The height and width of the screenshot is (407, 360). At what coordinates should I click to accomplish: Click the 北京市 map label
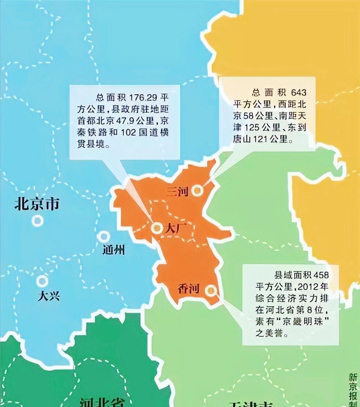click(37, 204)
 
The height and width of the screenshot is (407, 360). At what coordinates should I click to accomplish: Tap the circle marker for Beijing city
click(37, 220)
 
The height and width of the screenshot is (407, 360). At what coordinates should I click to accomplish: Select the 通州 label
click(113, 250)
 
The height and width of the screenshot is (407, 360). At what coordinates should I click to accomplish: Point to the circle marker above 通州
click(103, 237)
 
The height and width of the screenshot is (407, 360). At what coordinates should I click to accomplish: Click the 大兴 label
click(49, 296)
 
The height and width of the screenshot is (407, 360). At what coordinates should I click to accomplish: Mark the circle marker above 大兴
click(42, 280)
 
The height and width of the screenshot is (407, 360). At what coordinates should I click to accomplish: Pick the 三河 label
click(177, 192)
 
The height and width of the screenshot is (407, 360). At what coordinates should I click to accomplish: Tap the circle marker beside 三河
click(197, 191)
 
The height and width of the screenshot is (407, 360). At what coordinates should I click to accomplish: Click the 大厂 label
click(174, 228)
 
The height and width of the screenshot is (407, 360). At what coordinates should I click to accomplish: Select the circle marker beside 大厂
click(157, 228)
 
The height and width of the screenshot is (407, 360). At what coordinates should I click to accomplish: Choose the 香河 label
click(188, 289)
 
